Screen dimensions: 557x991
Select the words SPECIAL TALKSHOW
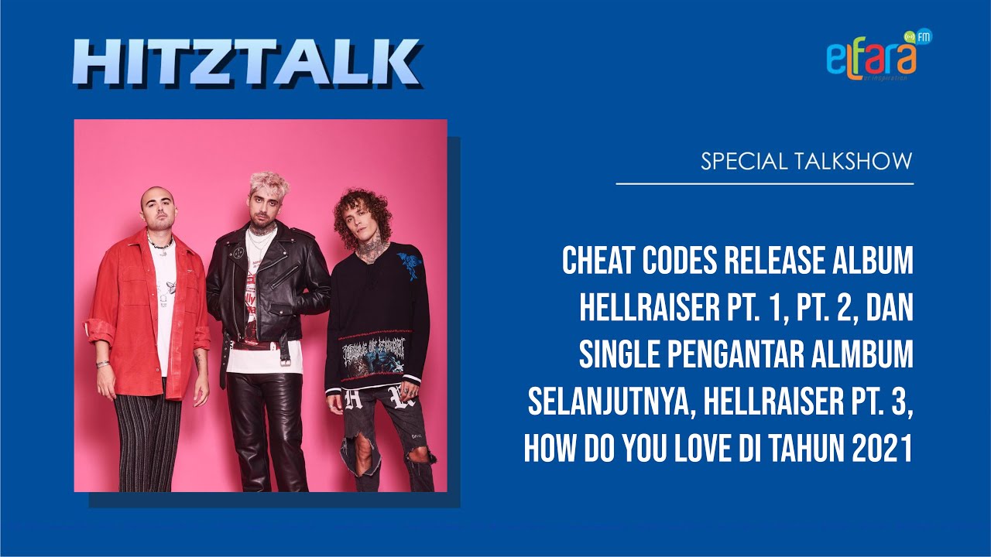click(x=807, y=162)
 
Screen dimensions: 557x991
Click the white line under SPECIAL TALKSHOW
click(x=765, y=184)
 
